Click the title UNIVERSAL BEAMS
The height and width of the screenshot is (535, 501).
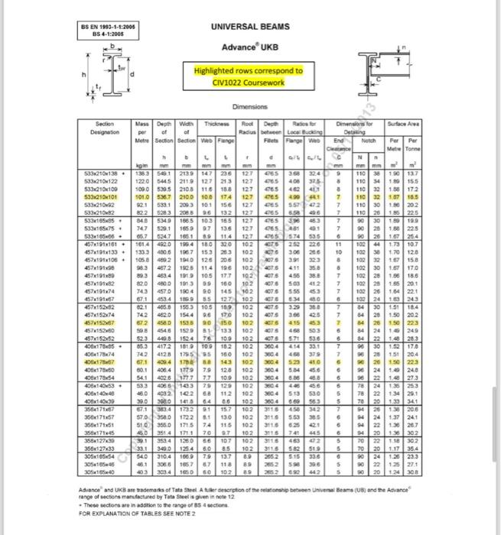coord(255,27)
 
